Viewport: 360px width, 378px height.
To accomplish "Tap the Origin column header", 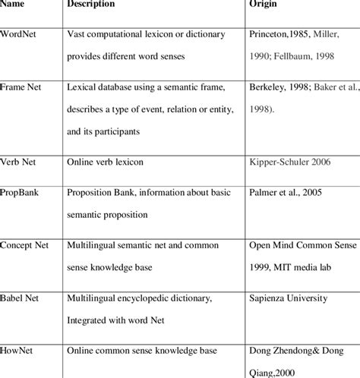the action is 263,4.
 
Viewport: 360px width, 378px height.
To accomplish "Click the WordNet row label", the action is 21,36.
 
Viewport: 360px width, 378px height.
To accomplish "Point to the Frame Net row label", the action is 24,89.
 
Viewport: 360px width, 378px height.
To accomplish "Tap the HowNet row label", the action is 19,351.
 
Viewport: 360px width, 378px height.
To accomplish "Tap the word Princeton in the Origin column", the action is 270,36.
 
